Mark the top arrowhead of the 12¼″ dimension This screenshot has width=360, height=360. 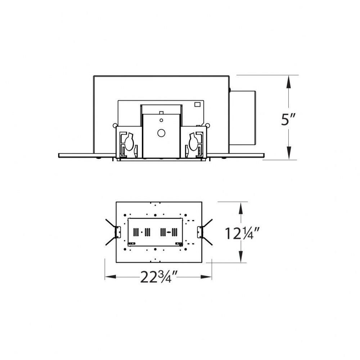click(240, 208)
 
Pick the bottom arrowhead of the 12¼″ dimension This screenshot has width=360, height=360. click(240, 256)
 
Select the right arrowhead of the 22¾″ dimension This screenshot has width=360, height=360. click(206, 277)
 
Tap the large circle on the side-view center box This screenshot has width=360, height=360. click(161, 133)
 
